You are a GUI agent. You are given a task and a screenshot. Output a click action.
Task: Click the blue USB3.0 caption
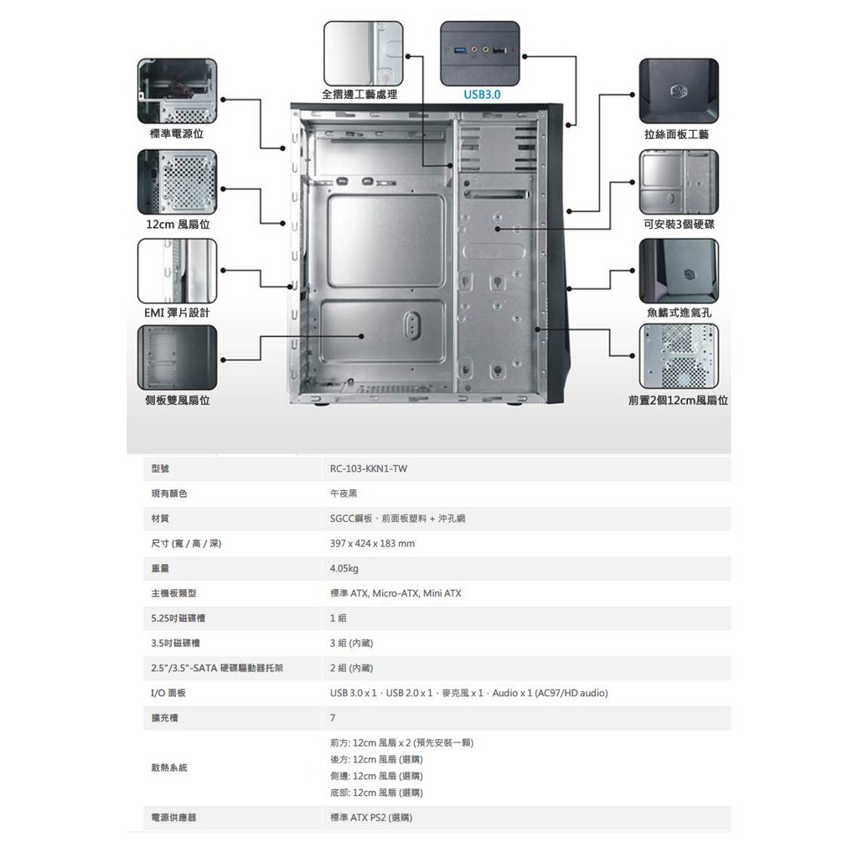[482, 96]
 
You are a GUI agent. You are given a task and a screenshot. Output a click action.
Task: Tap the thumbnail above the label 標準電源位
[177, 90]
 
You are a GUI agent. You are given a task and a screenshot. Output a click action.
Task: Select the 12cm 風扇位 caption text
[177, 225]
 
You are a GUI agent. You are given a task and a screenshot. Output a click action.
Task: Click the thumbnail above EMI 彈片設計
[177, 271]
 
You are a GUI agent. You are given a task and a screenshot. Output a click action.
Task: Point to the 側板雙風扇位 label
[177, 401]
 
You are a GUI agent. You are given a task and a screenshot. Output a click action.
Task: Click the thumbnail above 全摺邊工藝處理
[363, 53]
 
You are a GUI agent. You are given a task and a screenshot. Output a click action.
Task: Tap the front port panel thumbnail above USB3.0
[479, 53]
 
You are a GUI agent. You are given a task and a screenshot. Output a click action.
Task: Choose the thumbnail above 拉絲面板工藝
[678, 90]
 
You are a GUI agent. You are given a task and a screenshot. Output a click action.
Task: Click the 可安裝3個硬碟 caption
[679, 225]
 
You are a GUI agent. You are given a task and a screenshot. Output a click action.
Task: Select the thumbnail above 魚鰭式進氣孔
[678, 271]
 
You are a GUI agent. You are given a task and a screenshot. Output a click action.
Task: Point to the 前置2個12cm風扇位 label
[678, 401]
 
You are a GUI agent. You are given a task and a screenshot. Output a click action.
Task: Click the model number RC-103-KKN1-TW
[369, 469]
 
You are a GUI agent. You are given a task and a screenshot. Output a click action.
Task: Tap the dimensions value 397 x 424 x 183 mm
[372, 544]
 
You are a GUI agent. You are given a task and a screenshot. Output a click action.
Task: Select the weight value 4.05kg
[344, 569]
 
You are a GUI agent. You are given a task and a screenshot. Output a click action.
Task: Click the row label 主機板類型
[173, 593]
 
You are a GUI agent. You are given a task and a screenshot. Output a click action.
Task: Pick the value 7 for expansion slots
[333, 718]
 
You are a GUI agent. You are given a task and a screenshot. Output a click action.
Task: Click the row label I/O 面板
[168, 693]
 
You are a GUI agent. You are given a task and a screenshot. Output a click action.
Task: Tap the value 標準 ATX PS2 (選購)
[371, 817]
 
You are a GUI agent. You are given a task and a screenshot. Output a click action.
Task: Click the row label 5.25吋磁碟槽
[178, 618]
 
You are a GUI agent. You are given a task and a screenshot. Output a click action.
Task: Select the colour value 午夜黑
[344, 494]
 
